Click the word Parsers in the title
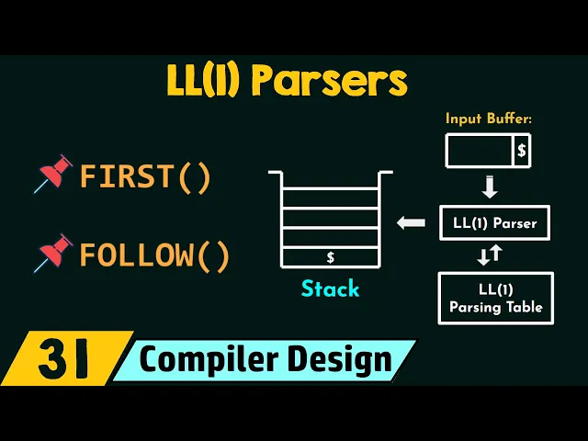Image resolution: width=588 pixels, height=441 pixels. (328, 82)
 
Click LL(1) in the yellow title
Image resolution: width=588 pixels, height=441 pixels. (205, 82)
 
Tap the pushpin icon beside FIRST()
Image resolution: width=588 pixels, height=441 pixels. (54, 175)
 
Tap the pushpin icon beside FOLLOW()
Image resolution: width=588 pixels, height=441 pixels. (54, 254)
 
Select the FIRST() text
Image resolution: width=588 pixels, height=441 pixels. (145, 175)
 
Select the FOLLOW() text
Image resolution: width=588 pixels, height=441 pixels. (154, 254)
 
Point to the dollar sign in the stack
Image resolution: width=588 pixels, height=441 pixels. (330, 258)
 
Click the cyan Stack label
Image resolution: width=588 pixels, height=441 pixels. (330, 289)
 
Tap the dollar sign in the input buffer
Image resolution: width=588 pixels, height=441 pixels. (521, 151)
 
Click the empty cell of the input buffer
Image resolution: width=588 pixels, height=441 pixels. (479, 151)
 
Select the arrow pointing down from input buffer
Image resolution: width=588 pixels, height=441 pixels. (489, 187)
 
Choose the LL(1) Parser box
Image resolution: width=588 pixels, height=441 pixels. (495, 222)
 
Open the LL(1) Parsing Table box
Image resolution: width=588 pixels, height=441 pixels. (495, 298)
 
